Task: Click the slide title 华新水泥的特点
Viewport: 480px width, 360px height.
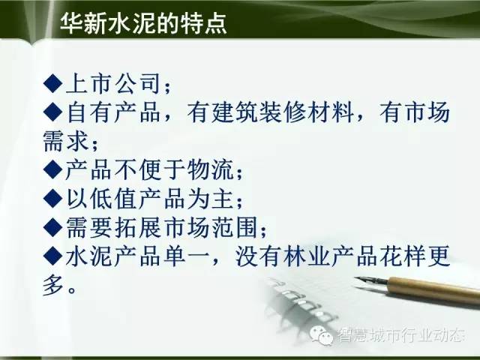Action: tap(143, 22)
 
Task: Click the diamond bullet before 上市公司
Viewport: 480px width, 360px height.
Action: tap(53, 83)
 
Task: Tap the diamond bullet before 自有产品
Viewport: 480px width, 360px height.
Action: tap(53, 112)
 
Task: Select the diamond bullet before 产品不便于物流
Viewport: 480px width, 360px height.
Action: tap(53, 169)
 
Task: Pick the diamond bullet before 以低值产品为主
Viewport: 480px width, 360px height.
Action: tap(53, 198)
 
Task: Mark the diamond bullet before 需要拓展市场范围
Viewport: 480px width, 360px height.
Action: tap(53, 226)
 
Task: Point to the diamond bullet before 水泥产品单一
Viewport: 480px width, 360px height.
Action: tap(53, 256)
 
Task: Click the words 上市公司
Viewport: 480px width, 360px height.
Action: tap(113, 83)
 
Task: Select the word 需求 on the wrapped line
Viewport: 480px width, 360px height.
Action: tap(66, 141)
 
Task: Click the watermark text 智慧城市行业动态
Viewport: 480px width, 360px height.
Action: tap(400, 335)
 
